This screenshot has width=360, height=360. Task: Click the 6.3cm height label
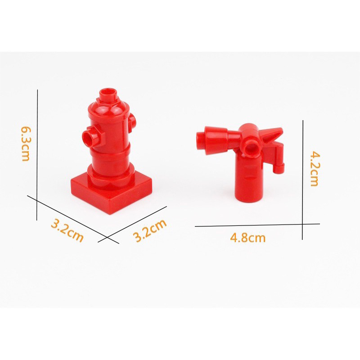[x=26, y=144]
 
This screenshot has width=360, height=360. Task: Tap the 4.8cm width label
[x=248, y=238]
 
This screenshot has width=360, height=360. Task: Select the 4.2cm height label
[x=314, y=168]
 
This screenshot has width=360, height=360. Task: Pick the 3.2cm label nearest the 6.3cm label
[x=67, y=230]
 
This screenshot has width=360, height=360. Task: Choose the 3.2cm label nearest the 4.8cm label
[x=150, y=230]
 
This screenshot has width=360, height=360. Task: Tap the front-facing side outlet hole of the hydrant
[x=88, y=138]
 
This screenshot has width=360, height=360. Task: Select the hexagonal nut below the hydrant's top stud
[x=108, y=102]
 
